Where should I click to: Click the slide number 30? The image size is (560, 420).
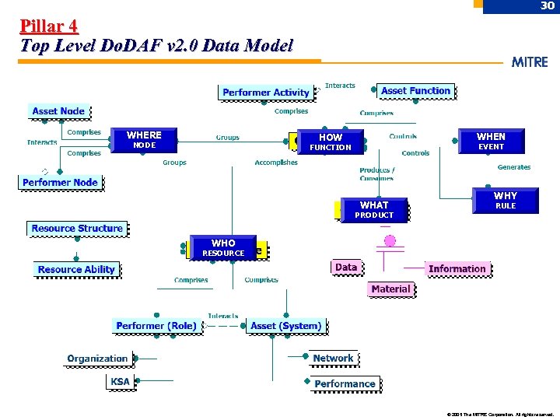tap(547, 6)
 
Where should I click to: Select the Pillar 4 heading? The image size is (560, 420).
tap(49, 26)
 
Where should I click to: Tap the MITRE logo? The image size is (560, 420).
tap(530, 62)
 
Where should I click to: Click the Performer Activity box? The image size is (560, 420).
tap(265, 93)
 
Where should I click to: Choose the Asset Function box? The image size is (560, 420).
tap(415, 91)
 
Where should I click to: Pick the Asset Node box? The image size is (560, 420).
tap(58, 111)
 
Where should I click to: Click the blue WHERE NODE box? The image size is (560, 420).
tap(144, 139)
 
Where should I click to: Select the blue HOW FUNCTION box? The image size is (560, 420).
tap(331, 142)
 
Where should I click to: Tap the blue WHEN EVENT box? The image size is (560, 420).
tap(491, 141)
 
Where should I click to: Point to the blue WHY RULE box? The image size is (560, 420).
tap(505, 200)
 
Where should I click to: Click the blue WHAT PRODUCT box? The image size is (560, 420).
tap(374, 209)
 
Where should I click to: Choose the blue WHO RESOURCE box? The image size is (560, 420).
tap(223, 247)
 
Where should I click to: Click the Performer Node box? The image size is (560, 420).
tap(60, 183)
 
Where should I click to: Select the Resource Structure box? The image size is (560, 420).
tap(76, 229)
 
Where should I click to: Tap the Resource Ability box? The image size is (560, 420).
tap(76, 270)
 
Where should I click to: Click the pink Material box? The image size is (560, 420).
tap(390, 289)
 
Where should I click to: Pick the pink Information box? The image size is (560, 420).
tap(457, 269)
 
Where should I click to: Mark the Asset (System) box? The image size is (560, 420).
tap(285, 326)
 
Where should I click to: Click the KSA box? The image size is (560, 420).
tap(121, 382)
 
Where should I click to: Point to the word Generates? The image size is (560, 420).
tap(513, 167)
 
